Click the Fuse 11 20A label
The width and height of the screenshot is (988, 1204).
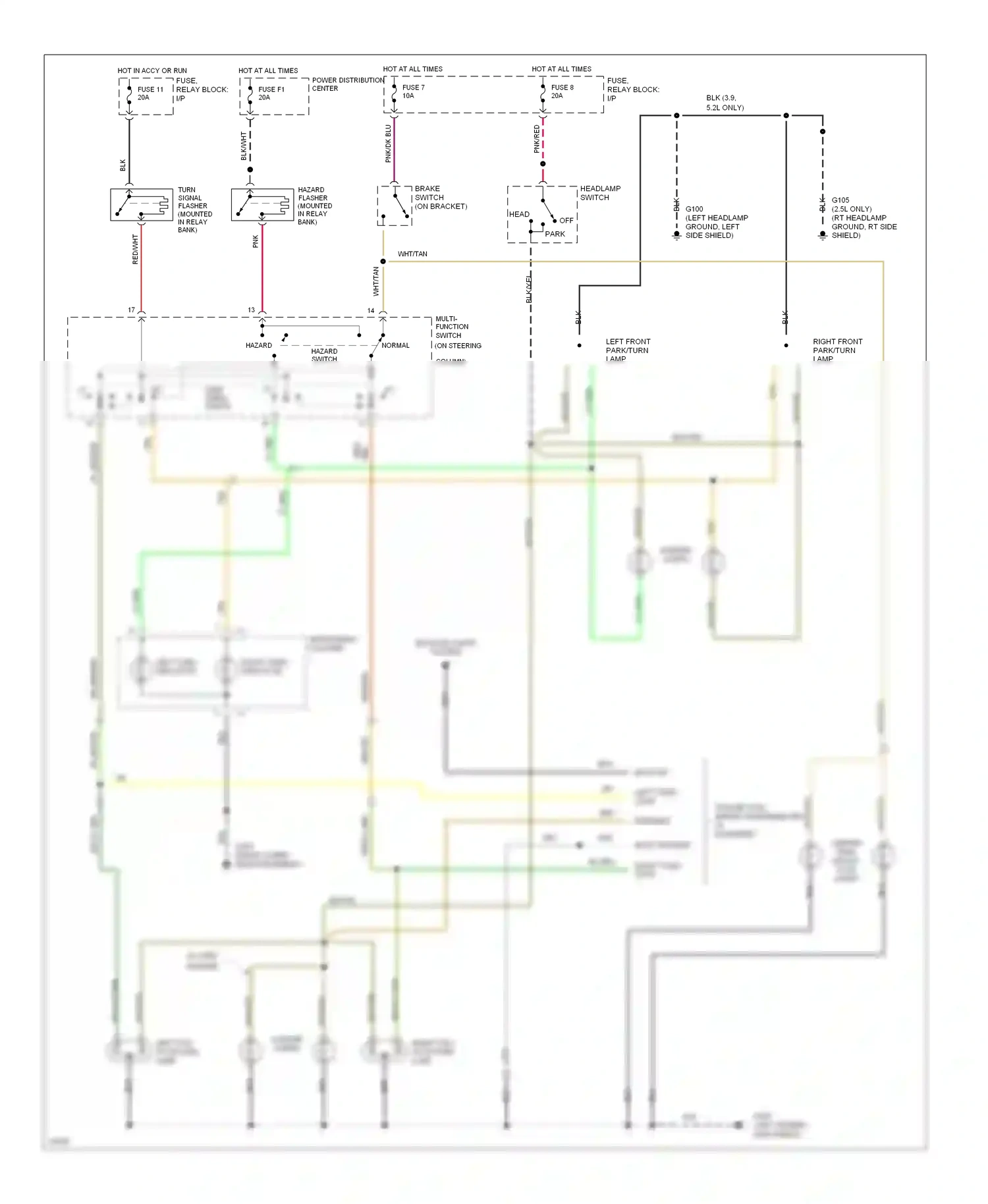150,94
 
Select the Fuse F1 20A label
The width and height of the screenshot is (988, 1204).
271,94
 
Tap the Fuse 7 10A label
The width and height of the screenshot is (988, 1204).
413,92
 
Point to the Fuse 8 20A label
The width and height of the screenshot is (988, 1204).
562,92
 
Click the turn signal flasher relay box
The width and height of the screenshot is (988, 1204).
141,204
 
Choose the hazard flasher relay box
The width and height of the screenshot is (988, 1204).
262,204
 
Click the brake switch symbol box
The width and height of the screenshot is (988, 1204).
394,205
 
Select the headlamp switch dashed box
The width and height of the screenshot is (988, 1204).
542,214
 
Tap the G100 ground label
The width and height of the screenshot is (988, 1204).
716,222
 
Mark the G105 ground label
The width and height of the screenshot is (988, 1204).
864,217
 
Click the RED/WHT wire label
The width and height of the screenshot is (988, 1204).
135,250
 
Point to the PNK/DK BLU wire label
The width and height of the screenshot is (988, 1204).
388,144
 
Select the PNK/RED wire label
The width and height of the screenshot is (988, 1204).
536,140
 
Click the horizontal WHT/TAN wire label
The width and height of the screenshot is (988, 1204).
412,254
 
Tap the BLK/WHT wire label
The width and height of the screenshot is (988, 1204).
243,146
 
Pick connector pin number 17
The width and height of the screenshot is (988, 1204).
131,310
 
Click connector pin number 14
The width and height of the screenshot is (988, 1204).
371,310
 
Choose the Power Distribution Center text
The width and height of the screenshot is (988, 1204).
347,84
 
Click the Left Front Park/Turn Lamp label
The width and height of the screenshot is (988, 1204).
627,350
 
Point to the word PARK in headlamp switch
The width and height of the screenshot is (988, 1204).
555,234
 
